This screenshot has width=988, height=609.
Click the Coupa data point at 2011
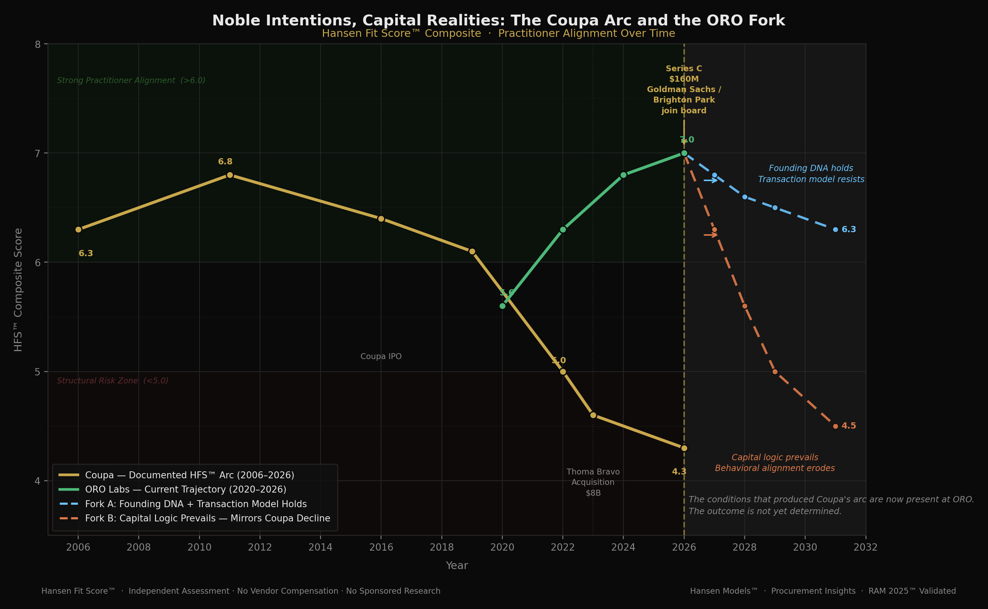point(229,175)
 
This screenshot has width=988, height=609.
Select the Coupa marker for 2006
point(78,229)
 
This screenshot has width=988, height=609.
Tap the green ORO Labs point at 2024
point(623,175)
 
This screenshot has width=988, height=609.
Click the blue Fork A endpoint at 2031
point(835,229)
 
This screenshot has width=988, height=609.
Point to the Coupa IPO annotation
point(381,356)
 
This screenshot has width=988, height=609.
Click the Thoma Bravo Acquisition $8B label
point(593,482)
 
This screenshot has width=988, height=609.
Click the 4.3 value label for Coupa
point(679,471)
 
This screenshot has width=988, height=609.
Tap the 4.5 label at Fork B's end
point(848,426)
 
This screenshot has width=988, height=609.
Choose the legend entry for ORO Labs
point(185,489)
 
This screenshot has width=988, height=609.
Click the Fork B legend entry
point(208,518)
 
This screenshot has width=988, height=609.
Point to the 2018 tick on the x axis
point(442,547)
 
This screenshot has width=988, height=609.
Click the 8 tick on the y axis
point(38,44)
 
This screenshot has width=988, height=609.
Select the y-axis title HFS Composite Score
point(18,290)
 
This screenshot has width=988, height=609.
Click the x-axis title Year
point(457,566)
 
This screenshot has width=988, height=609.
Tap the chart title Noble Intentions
point(498,21)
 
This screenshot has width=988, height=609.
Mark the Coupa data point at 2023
point(593,415)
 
